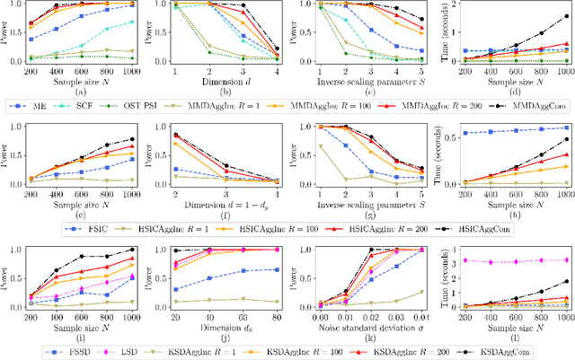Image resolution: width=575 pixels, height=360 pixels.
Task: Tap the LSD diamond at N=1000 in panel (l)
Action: click(x=565, y=260)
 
